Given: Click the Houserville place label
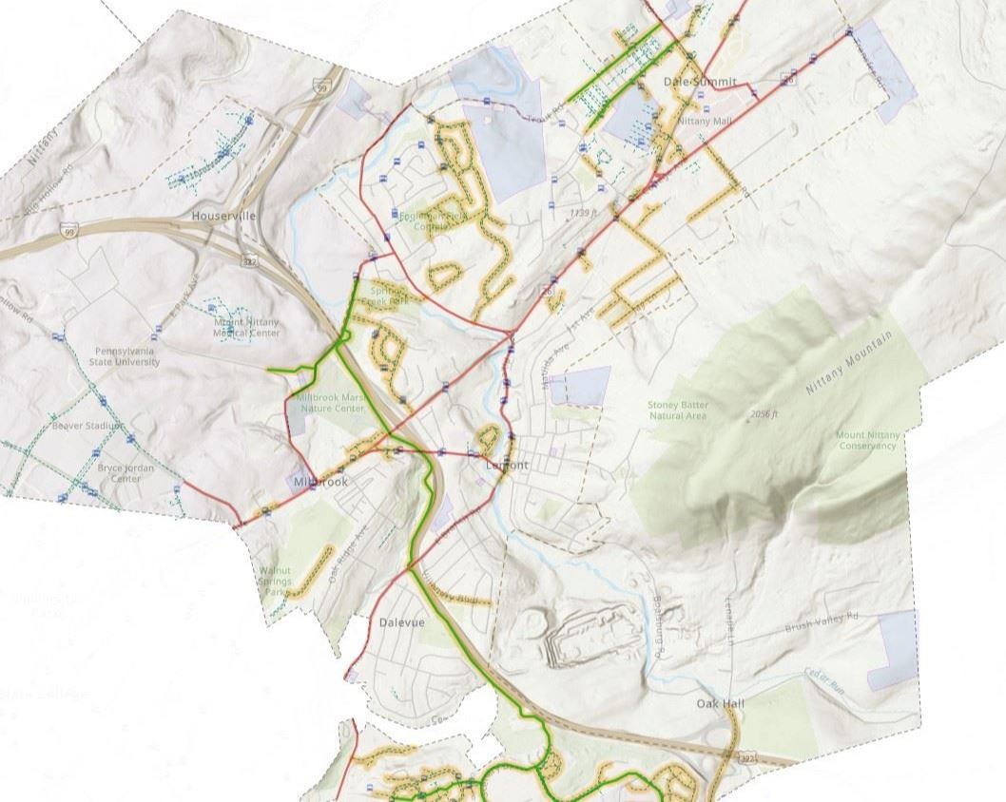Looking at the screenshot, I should [223, 216].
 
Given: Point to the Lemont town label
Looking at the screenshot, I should [506, 466].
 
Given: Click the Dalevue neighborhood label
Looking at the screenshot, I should [401, 622].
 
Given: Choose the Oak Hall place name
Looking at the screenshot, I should [720, 704].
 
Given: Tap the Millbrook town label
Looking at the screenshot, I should [320, 482].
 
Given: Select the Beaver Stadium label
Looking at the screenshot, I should [88, 426].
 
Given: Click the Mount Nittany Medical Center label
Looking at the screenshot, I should [246, 328].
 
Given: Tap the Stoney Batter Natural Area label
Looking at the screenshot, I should [678, 411].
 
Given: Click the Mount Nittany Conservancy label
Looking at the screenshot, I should [866, 440].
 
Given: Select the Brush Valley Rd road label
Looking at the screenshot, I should [822, 621].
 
